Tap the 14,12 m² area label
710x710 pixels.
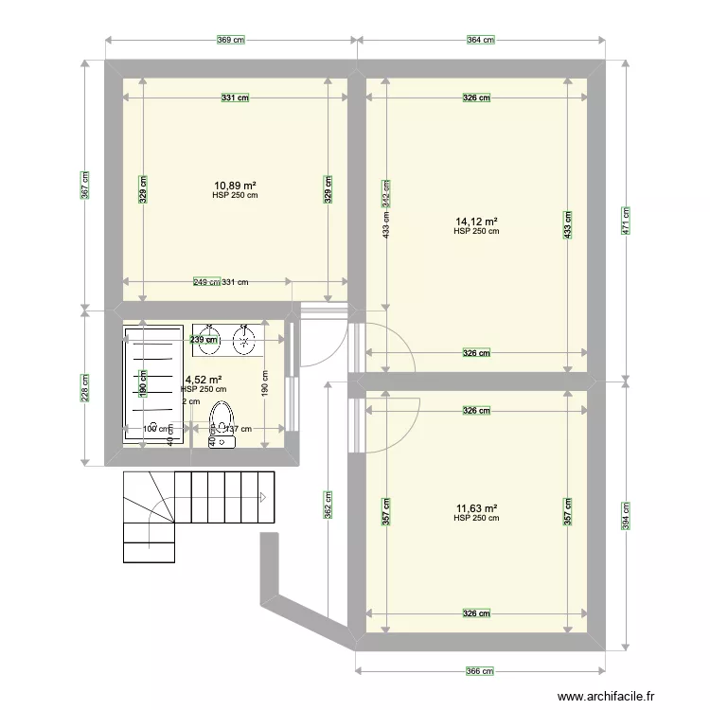coord(476,222)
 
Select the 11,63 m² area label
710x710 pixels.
coord(476,508)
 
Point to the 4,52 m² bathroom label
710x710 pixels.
coord(204,380)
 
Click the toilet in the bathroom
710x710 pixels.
coord(222,421)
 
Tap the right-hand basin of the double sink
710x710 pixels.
coord(245,340)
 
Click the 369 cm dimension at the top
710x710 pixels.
coord(231,40)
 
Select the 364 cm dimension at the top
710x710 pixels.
coord(481,40)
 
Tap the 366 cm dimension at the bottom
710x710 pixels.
coord(481,671)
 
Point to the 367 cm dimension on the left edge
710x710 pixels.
coord(85,185)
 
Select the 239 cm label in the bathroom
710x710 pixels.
coord(197,340)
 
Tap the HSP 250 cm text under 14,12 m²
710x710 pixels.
coord(476,231)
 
